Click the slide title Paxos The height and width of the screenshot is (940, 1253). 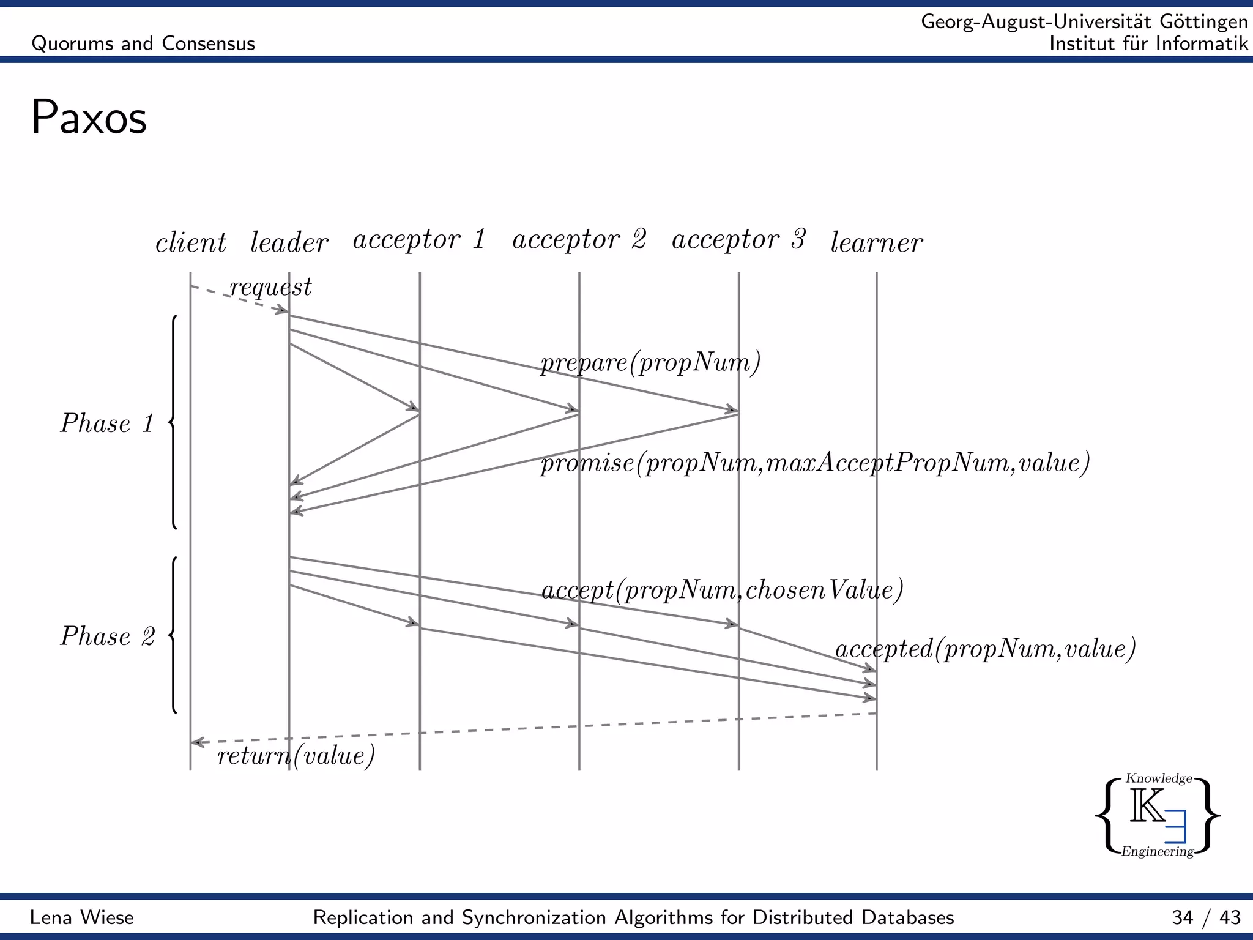tap(89, 117)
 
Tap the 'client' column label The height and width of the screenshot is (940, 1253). tap(191, 243)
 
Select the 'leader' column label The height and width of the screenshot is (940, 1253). tap(289, 243)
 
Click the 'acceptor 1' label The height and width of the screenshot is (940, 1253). tap(419, 239)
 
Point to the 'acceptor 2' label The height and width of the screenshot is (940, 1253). tap(579, 239)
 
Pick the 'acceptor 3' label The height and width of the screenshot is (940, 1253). tap(738, 239)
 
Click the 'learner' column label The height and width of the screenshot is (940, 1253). tap(876, 243)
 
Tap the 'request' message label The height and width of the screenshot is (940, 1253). tap(270, 287)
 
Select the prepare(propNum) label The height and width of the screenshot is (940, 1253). tap(650, 363)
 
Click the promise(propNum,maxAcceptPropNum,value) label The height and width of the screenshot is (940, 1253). tap(815, 463)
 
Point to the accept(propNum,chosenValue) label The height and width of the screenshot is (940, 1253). tap(723, 591)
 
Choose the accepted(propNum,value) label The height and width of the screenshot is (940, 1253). tap(985, 649)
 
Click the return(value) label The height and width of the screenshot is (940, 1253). tap(296, 756)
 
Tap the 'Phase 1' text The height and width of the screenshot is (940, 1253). tap(107, 423)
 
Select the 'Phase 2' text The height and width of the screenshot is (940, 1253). tap(107, 636)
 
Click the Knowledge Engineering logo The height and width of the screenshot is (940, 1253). tap(1157, 815)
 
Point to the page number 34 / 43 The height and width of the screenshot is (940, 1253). tap(1206, 917)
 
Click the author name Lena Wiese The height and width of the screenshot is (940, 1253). tap(82, 917)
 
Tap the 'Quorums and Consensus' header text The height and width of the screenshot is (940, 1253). tap(143, 43)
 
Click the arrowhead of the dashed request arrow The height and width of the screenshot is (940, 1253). tap(283, 311)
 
